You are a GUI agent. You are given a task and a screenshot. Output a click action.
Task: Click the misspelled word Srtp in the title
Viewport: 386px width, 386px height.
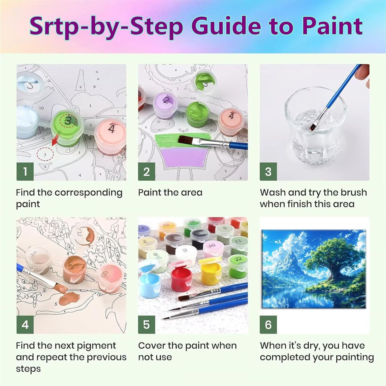click(x=53, y=27)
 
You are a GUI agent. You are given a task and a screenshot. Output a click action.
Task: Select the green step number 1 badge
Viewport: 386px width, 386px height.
click(x=25, y=171)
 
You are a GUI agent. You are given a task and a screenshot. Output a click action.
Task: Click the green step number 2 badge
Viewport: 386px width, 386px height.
click(x=146, y=171)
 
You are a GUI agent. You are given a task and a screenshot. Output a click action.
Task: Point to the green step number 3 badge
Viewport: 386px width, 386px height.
click(x=268, y=171)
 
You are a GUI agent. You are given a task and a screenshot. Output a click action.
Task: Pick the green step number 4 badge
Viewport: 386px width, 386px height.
click(x=25, y=324)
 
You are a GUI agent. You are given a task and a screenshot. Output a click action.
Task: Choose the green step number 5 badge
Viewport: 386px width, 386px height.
click(x=146, y=324)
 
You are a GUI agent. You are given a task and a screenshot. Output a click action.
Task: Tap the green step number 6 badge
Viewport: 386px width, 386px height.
click(x=268, y=324)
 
